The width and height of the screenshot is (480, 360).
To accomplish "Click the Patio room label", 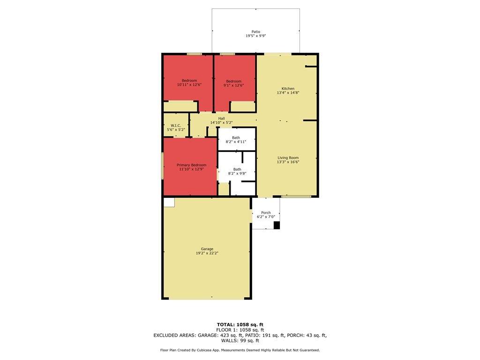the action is [x=255, y=31].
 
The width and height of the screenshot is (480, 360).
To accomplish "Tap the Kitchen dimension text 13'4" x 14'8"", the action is [x=288, y=92].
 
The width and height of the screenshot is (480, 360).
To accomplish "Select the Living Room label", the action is [x=288, y=157].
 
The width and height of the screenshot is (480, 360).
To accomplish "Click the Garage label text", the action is [x=207, y=249].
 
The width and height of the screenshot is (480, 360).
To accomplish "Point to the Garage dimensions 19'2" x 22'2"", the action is [x=207, y=253].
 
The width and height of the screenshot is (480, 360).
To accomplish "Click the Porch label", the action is [x=266, y=212].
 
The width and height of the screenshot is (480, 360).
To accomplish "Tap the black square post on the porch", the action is [x=277, y=225].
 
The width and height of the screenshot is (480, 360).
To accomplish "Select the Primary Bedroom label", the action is [x=191, y=165].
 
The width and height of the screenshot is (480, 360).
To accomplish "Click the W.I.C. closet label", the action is [x=176, y=126].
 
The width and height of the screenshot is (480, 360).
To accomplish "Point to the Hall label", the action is [x=221, y=119].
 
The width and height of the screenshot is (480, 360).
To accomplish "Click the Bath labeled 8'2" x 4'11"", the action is [x=236, y=138].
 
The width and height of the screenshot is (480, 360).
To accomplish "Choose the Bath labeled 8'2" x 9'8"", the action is [x=237, y=169].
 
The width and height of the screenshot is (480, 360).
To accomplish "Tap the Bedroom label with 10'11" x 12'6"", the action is [x=189, y=81].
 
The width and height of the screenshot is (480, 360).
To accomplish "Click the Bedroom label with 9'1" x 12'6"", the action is [x=233, y=81].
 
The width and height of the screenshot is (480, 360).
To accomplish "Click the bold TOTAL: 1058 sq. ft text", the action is [x=240, y=324].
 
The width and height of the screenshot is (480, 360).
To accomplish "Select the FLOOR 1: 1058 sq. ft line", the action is [x=240, y=330].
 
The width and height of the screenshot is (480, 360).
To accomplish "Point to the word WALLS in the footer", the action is [x=229, y=340].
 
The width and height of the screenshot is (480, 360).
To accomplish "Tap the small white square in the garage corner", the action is [x=169, y=202].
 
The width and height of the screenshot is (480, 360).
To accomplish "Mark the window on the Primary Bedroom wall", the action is [x=163, y=165].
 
